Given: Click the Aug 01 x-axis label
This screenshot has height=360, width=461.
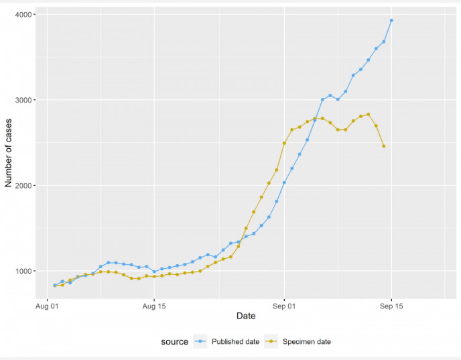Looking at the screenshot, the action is point(47,306).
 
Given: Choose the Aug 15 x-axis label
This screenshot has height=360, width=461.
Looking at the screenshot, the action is point(154,306).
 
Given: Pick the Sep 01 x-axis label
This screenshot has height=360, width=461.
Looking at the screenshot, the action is point(284,306).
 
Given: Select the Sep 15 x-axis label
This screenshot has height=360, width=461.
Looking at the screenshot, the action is point(391,306).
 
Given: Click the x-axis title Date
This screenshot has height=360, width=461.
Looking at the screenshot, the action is point(246,316).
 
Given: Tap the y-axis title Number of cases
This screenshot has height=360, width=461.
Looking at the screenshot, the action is point(8,153).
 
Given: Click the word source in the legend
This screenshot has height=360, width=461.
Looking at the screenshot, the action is point(175,342).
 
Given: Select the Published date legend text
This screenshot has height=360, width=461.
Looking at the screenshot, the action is point(235,342).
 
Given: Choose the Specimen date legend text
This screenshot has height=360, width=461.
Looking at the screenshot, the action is point(307,342).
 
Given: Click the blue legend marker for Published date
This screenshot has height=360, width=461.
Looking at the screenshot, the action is point(200,341).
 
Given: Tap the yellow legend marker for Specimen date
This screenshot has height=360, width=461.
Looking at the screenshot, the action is point(271,341).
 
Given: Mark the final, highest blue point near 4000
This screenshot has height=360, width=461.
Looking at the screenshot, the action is point(391,20).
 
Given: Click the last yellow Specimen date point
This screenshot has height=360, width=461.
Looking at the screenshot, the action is point(384,146).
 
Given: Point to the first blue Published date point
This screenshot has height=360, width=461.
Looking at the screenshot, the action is point(55,286).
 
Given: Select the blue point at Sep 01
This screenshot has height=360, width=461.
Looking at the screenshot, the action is point(284,182).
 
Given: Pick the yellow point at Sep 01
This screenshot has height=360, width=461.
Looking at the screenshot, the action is point(284,143).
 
